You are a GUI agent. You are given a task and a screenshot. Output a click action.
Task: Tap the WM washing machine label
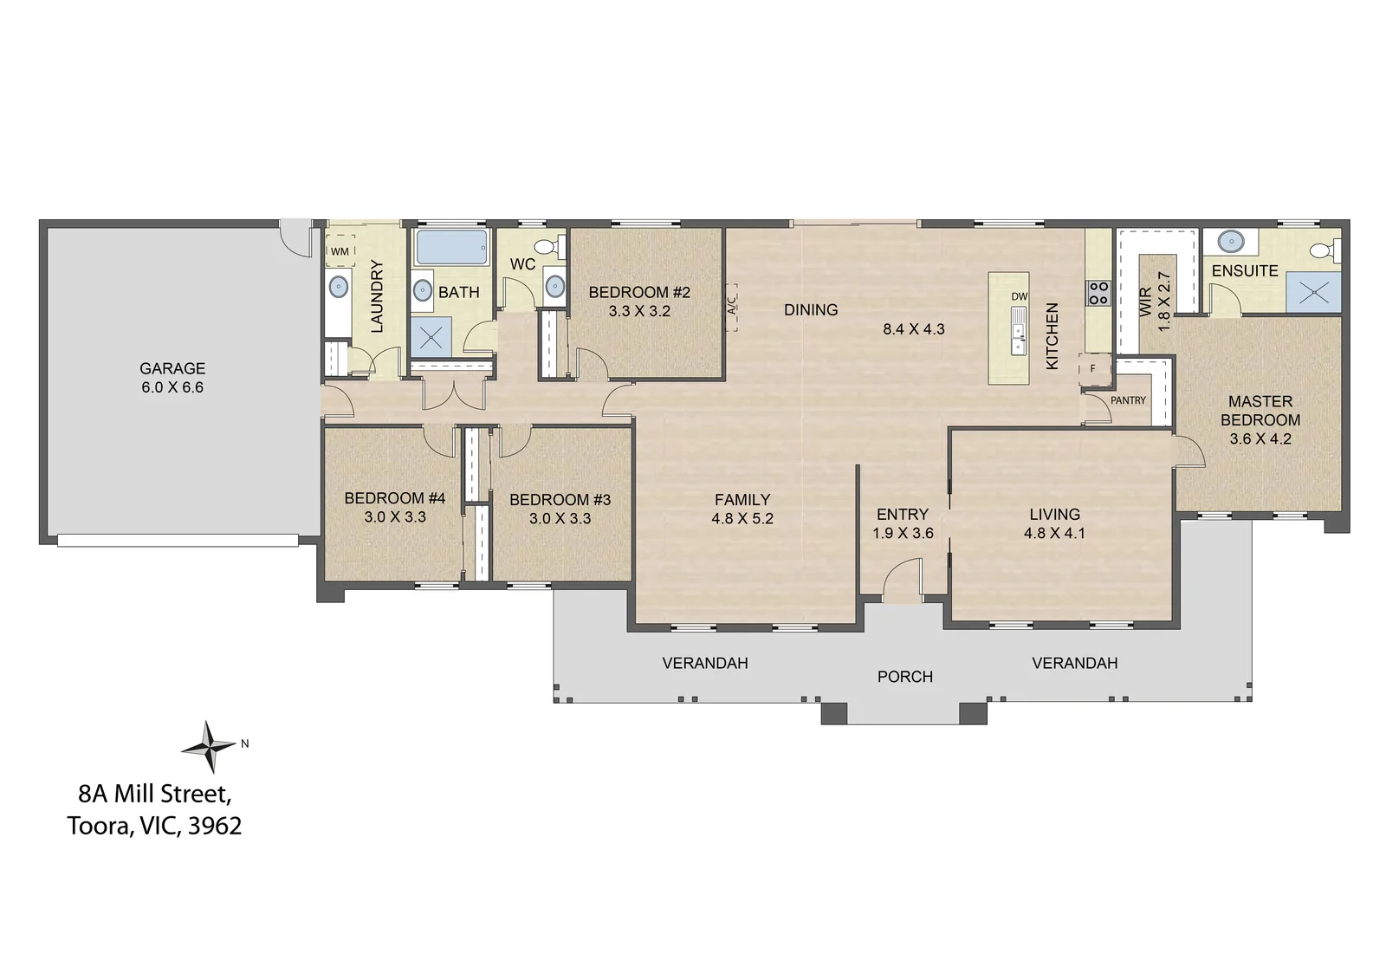340,251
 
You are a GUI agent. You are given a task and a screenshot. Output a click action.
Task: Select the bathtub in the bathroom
451,247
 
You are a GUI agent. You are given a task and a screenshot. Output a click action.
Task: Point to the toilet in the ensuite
1324,250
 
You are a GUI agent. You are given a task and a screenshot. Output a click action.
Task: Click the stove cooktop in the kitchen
1098,293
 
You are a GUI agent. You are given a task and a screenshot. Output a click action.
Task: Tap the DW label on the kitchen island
1019,296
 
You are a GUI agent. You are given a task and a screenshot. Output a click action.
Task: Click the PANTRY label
1128,400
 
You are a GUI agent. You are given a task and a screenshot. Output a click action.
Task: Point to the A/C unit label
731,307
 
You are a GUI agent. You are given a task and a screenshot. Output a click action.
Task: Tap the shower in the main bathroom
431,337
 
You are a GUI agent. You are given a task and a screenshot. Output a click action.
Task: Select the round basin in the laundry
338,287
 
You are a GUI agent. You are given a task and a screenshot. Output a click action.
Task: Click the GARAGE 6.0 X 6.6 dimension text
172,378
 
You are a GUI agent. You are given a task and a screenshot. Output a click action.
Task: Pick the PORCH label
904,677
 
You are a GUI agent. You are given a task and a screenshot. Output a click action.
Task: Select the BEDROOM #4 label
395,497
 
